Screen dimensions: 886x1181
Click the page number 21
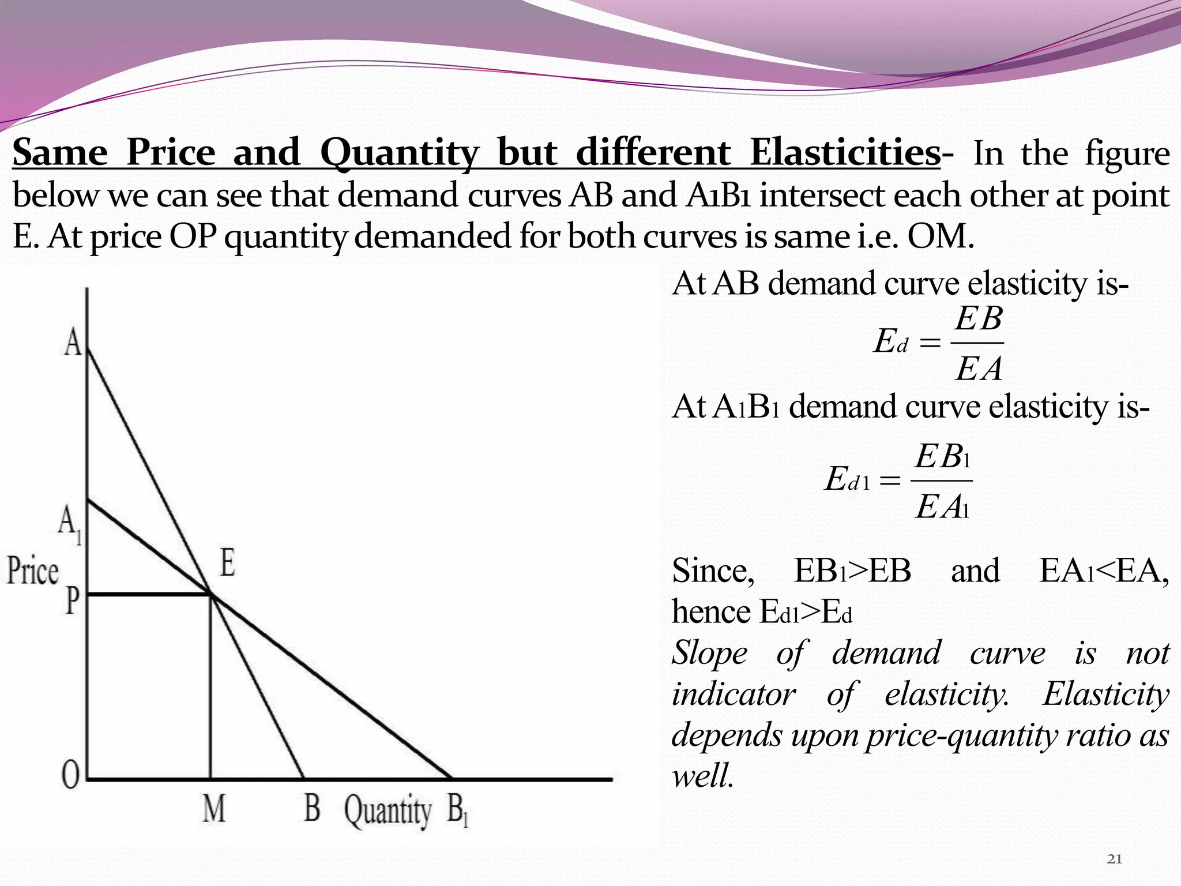click(x=1115, y=859)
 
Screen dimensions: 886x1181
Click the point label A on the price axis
click(x=73, y=343)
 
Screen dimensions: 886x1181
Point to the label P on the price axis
click(x=72, y=600)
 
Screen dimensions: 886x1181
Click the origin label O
click(x=70, y=775)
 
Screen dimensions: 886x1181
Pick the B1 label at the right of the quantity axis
click(x=457, y=810)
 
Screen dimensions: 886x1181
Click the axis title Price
click(x=33, y=571)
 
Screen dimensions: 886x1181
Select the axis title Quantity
click(x=388, y=811)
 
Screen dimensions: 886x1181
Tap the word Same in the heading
click(x=60, y=153)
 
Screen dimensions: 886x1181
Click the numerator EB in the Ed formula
click(x=978, y=319)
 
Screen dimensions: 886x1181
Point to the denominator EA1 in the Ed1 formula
click(x=942, y=508)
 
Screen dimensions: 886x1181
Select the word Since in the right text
click(x=713, y=570)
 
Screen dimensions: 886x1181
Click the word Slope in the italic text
click(x=709, y=654)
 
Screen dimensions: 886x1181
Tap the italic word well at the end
click(x=702, y=776)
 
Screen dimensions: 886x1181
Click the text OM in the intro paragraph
click(x=939, y=236)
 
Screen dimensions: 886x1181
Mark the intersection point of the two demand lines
click(x=210, y=594)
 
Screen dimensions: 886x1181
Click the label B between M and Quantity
click(x=311, y=808)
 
